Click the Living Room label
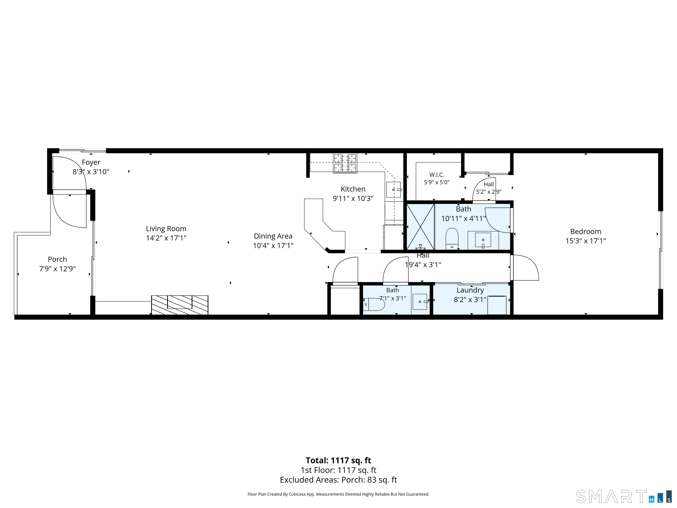[166, 228]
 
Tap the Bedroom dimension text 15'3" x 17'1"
[586, 241]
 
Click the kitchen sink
[394, 190]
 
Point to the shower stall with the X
[420, 227]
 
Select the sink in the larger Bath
[483, 240]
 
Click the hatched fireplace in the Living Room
[180, 305]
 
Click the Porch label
[57, 259]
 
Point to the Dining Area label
[273, 236]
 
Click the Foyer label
[91, 162]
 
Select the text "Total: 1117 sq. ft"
[338, 461]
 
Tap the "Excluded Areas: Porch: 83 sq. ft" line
[338, 480]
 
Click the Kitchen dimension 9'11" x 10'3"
[353, 199]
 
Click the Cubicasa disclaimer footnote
[338, 494]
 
